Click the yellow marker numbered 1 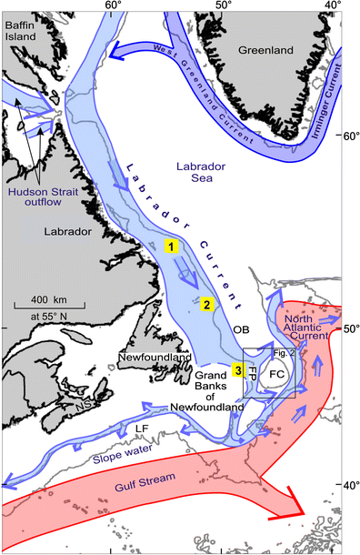170,246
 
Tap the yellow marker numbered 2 207,305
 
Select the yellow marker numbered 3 238,369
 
